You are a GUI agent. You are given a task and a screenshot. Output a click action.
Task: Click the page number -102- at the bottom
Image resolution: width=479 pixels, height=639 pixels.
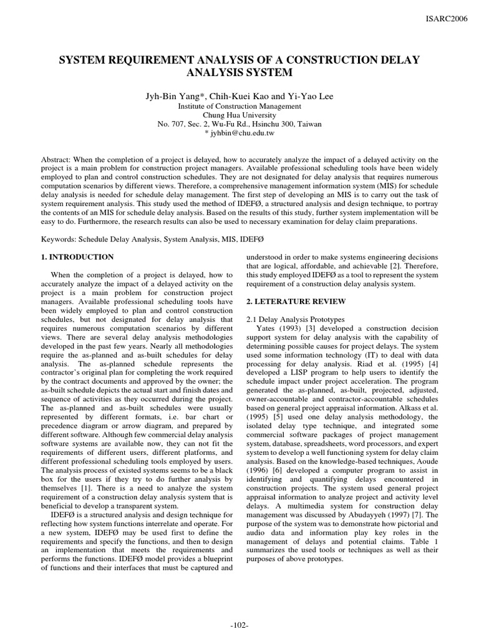click(x=239, y=627)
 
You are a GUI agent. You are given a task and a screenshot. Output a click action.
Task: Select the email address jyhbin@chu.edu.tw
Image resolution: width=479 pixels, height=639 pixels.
click(x=243, y=133)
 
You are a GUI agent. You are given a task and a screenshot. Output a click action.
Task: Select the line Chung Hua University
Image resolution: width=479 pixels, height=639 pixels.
click(x=239, y=115)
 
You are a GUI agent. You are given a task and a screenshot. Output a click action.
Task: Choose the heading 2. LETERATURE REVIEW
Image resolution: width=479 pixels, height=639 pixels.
click(x=296, y=301)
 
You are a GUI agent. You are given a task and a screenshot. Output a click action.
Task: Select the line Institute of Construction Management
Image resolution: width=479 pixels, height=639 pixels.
click(x=239, y=106)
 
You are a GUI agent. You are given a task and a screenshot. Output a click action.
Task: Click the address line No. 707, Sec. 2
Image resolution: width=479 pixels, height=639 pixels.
click(x=239, y=124)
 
